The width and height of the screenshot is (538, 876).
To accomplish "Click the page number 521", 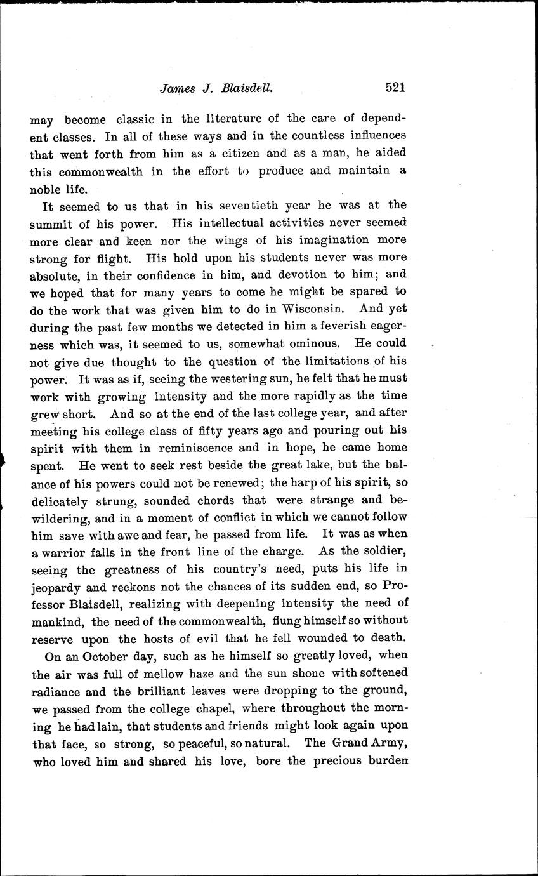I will coord(395,88).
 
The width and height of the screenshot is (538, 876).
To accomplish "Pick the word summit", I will coord(50,223).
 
